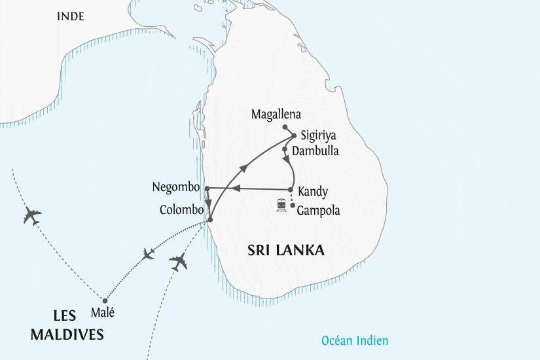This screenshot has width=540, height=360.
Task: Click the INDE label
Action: pyautogui.click(x=71, y=16)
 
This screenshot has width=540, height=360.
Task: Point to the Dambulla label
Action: pyautogui.click(x=315, y=151)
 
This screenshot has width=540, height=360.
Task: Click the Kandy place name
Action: pyautogui.click(x=312, y=192)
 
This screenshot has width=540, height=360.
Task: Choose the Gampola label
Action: pyautogui.click(x=318, y=211)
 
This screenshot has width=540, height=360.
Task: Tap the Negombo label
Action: pyautogui.click(x=175, y=188)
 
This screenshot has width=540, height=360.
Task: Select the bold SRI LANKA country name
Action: pyautogui.click(x=286, y=251)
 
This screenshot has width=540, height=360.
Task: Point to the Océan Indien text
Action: pyautogui.click(x=355, y=340)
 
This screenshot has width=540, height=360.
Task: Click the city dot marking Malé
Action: pyautogui.click(x=105, y=300)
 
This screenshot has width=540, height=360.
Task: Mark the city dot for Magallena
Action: pyautogui.click(x=285, y=127)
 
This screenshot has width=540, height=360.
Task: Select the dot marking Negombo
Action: pyautogui.click(x=207, y=189)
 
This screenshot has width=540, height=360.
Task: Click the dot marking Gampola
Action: pyautogui.click(x=292, y=206)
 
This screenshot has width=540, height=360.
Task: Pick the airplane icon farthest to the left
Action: pyautogui.click(x=32, y=216)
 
